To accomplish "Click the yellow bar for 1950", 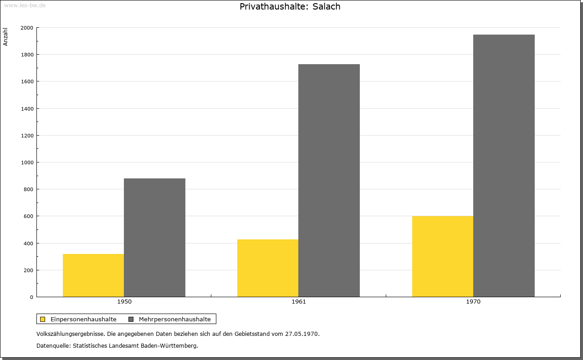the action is (x=93, y=275).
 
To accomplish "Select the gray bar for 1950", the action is (x=154, y=238).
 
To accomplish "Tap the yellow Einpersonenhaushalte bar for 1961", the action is (x=268, y=268).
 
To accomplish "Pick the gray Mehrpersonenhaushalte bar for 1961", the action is (x=329, y=181).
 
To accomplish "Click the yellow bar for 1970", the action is (x=443, y=257).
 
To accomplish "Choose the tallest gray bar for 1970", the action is (x=504, y=166).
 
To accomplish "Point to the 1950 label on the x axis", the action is (x=124, y=302).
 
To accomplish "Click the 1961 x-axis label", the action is (x=299, y=302).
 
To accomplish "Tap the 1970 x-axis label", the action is (x=473, y=302).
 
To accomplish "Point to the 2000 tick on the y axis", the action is (x=27, y=28).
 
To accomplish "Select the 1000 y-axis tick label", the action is (x=27, y=162).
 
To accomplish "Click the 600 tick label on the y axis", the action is (x=28, y=216).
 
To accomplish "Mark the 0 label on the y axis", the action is (x=32, y=297).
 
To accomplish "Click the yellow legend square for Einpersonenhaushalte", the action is (x=42, y=319).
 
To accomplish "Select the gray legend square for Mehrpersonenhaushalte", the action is (x=131, y=319).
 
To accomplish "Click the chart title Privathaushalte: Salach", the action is (x=290, y=6).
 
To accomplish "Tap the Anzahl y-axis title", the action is (x=5, y=37).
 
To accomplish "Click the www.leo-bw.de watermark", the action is (x=25, y=5).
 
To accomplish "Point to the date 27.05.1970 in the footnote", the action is (x=302, y=334).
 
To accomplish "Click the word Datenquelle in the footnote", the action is (x=53, y=346).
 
